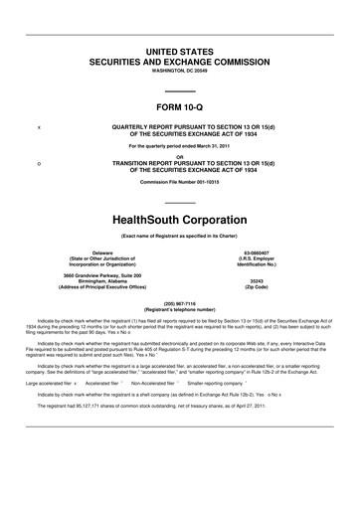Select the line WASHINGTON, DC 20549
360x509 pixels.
(180, 72)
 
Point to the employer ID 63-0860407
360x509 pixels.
(266, 227)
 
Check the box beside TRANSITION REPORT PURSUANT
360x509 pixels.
(38, 163)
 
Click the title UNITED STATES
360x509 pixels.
(180, 50)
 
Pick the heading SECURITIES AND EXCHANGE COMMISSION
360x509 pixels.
(180, 61)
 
